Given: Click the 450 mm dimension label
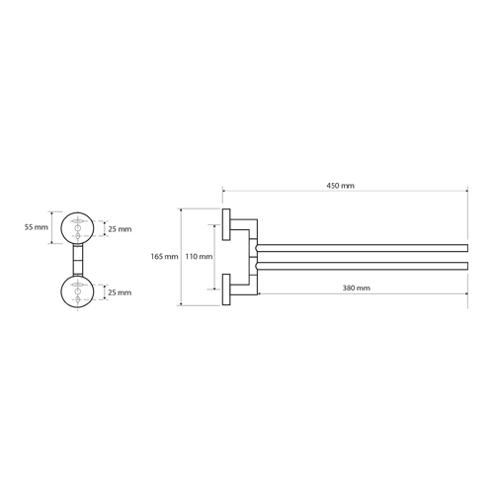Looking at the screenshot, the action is pyautogui.click(x=340, y=186).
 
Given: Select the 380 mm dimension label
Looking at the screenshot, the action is pyautogui.click(x=356, y=288).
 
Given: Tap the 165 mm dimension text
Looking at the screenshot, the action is pyautogui.click(x=164, y=257).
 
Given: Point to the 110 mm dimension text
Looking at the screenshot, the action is pyautogui.click(x=199, y=257).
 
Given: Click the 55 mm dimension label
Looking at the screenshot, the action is pyautogui.click(x=37, y=227).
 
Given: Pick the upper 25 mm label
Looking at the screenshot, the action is pyautogui.click(x=120, y=229).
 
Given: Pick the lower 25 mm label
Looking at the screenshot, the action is pyautogui.click(x=120, y=292).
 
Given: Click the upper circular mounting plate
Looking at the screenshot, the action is pyautogui.click(x=77, y=212).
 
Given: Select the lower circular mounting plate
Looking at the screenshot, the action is pyautogui.click(x=77, y=277).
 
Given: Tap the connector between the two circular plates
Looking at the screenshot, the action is pyautogui.click(x=78, y=260).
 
